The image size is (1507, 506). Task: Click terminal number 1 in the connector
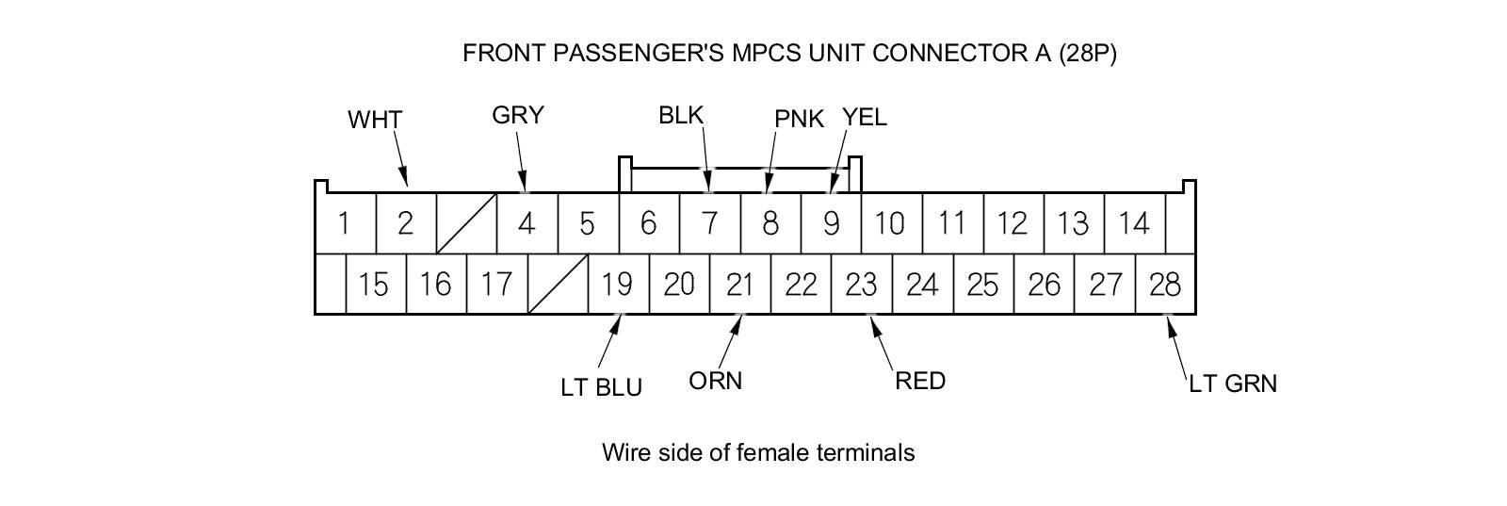pyautogui.click(x=345, y=224)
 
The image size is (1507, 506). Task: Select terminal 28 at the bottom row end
pyautogui.click(x=1165, y=284)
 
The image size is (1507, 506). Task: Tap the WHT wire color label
pyautogui.click(x=375, y=121)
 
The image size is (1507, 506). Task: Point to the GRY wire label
pyautogui.click(x=518, y=116)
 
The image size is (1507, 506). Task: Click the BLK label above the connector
pyautogui.click(x=681, y=116)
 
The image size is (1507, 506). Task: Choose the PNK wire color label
pyautogui.click(x=799, y=119)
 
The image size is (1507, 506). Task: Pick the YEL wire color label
pyautogui.click(x=865, y=118)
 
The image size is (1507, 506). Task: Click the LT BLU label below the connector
pyautogui.click(x=601, y=387)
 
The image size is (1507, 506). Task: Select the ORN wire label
pyautogui.click(x=716, y=381)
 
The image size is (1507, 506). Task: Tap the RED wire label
pyautogui.click(x=920, y=382)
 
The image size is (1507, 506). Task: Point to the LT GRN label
pyautogui.click(x=1233, y=384)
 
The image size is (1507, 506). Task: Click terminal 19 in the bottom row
pyautogui.click(x=618, y=284)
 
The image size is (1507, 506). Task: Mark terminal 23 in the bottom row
pyautogui.click(x=861, y=284)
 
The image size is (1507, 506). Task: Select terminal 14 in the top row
pyautogui.click(x=1134, y=224)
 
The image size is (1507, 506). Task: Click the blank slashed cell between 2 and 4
pyautogui.click(x=466, y=224)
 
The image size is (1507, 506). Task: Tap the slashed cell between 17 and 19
pyautogui.click(x=558, y=284)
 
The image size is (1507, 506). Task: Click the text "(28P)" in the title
pyautogui.click(x=1088, y=54)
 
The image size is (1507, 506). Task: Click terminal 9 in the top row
pyautogui.click(x=831, y=224)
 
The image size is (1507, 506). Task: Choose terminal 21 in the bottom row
pyautogui.click(x=739, y=284)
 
